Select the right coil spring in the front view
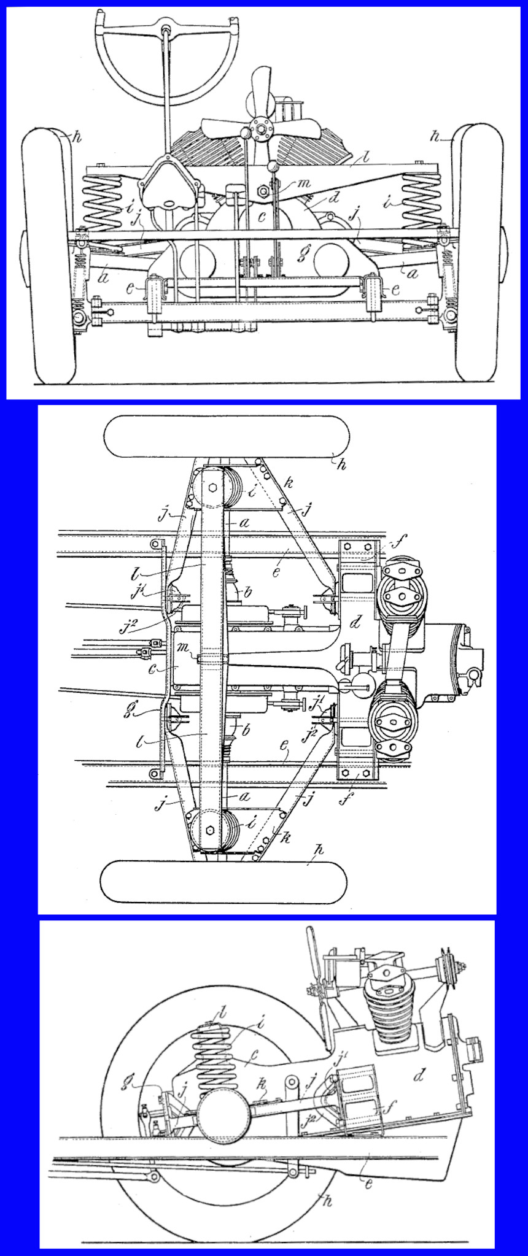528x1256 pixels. [x=421, y=201]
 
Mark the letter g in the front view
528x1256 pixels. [x=300, y=256]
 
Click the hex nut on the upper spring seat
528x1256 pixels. [x=212, y=487]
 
